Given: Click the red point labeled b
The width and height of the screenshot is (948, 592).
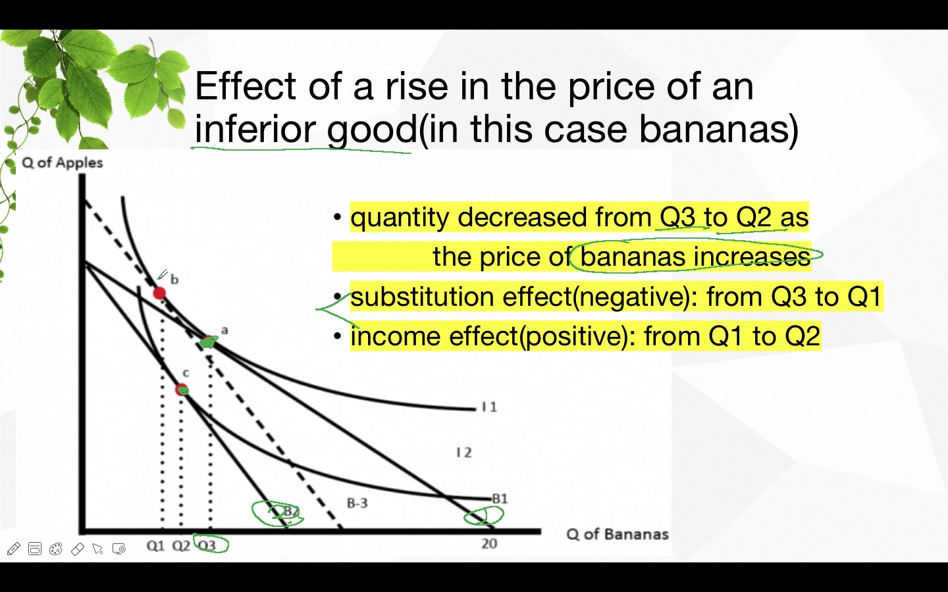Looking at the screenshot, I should [159, 293].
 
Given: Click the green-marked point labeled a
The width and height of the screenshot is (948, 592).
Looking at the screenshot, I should [208, 341].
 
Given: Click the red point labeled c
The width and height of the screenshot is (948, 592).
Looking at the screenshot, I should [182, 390].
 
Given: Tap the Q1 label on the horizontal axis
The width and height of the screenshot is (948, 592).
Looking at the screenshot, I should [155, 546].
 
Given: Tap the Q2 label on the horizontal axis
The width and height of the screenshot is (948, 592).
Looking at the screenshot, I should [181, 546].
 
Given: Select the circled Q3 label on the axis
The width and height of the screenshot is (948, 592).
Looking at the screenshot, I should [207, 545].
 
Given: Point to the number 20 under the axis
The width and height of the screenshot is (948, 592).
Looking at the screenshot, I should [489, 543].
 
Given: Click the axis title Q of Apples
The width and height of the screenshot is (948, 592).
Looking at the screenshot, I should [63, 162].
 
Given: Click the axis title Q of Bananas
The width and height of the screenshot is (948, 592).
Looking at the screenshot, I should [617, 534].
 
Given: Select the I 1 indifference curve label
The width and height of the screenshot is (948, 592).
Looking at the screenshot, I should [489, 407].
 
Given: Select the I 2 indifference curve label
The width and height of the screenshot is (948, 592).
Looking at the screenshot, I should [464, 453].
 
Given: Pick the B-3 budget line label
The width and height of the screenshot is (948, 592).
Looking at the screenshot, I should [357, 503].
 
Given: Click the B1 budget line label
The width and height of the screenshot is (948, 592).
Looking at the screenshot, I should [500, 499].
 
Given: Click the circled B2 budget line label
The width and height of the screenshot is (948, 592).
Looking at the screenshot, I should [290, 512].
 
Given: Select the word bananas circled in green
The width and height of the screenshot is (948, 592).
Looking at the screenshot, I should [633, 257].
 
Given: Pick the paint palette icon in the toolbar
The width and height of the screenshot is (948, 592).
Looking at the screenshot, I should [56, 549].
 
